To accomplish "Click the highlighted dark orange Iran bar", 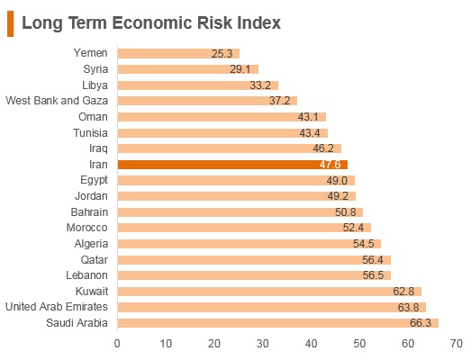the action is point(232,165).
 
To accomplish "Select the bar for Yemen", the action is point(178,53).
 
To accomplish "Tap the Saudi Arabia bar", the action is point(278,323).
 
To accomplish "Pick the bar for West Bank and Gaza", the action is point(207,101).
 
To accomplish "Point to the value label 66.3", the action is point(421,323).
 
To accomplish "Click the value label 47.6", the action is point(331,165).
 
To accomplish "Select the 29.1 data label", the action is point(240,69).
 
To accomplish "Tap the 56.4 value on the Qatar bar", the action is point(373,260).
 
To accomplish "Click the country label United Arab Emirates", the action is point(57,307).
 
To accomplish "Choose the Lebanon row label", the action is point(86,275).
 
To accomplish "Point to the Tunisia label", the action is point(90,132).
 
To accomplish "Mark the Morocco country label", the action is point(86,228).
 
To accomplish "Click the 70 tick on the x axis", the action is point(457,344).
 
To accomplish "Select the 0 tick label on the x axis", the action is point(117,344).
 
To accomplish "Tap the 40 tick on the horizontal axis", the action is point(312,344).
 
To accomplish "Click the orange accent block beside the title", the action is point(10,23).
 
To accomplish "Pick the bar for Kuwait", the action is point(269,292).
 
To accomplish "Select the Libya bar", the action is point(198,85).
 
